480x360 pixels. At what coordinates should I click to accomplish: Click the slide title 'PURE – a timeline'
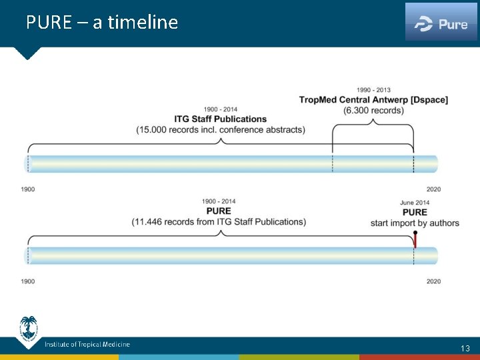(x=102, y=23)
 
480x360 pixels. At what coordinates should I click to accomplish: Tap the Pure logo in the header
(x=441, y=24)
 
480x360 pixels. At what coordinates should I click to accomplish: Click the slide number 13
(x=465, y=348)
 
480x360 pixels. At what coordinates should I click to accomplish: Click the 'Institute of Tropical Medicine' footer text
(x=87, y=345)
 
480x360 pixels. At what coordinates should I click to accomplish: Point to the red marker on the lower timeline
(x=415, y=239)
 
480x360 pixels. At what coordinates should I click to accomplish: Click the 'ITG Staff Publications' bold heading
(x=221, y=119)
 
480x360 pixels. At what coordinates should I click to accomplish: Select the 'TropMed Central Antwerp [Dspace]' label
(x=373, y=99)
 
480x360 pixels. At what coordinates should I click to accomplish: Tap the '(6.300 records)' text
(x=373, y=109)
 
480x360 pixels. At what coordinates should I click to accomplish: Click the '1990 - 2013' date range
(x=373, y=90)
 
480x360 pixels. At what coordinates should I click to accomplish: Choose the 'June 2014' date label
(x=415, y=203)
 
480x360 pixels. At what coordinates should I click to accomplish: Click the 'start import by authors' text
(x=415, y=223)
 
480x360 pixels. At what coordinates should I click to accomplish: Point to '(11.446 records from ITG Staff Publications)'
(x=219, y=221)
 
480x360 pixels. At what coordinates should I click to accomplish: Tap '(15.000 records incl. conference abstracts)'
(x=221, y=129)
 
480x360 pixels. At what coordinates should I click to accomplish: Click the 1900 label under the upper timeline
(x=27, y=189)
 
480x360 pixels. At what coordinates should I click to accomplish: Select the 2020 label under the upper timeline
(x=433, y=189)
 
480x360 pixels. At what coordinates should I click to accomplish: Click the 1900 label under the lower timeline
(x=27, y=281)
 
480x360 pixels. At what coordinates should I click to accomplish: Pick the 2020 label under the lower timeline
(x=433, y=281)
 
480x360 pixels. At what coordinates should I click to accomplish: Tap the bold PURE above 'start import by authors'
(x=415, y=213)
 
